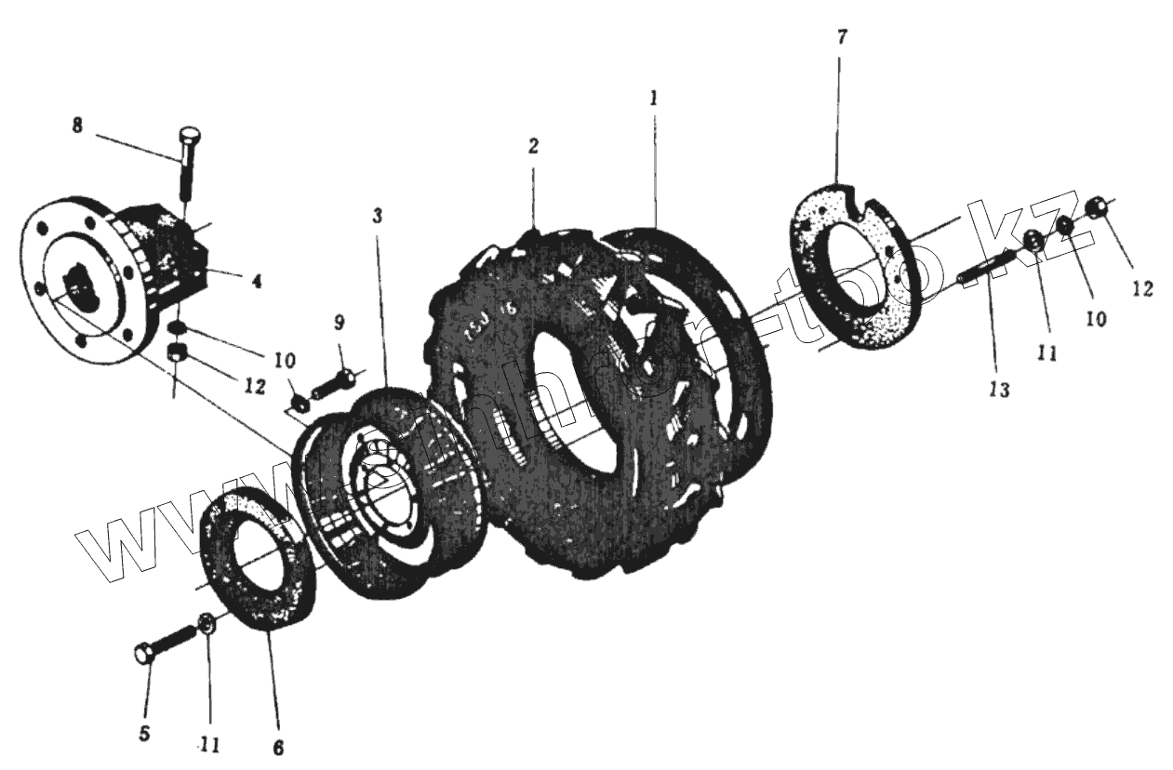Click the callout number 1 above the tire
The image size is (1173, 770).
point(654,98)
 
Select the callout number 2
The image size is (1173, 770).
point(532,145)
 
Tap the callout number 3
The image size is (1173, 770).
point(377,217)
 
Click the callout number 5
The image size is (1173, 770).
point(144,734)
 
